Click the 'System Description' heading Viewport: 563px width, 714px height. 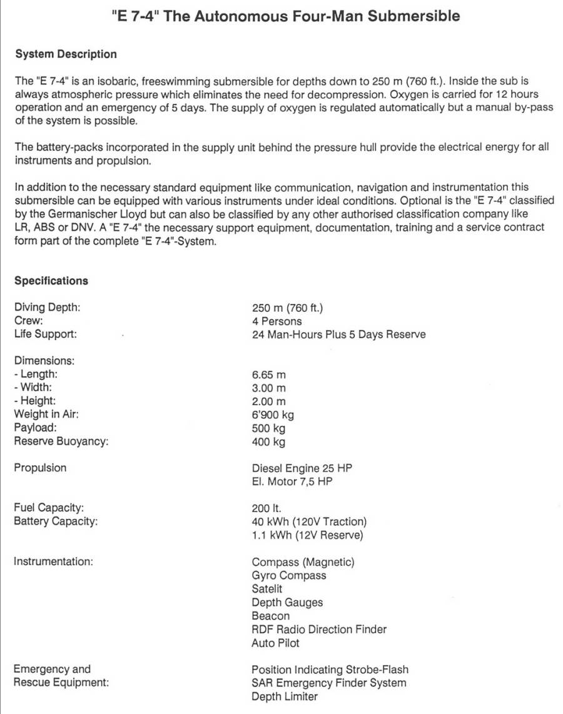point(66,54)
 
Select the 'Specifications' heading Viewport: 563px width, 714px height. point(51,281)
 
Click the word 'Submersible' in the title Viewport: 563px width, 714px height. point(413,16)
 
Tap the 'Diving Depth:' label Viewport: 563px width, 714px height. point(47,308)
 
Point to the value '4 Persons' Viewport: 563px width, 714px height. point(276,321)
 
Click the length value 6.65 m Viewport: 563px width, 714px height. point(269,375)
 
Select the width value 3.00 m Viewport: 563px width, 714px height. point(269,388)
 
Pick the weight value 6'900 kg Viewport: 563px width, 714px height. point(273,415)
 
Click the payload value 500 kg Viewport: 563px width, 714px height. point(269,428)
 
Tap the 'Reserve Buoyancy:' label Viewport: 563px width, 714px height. point(61,441)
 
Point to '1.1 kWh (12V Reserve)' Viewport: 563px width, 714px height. point(307,535)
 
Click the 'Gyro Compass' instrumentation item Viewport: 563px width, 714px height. point(289,575)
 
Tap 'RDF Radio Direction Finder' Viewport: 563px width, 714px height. point(319,629)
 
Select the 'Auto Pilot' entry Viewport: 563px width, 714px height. point(275,643)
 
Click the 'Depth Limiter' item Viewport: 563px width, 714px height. point(285,696)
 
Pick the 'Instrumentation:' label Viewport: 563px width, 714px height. point(54,561)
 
